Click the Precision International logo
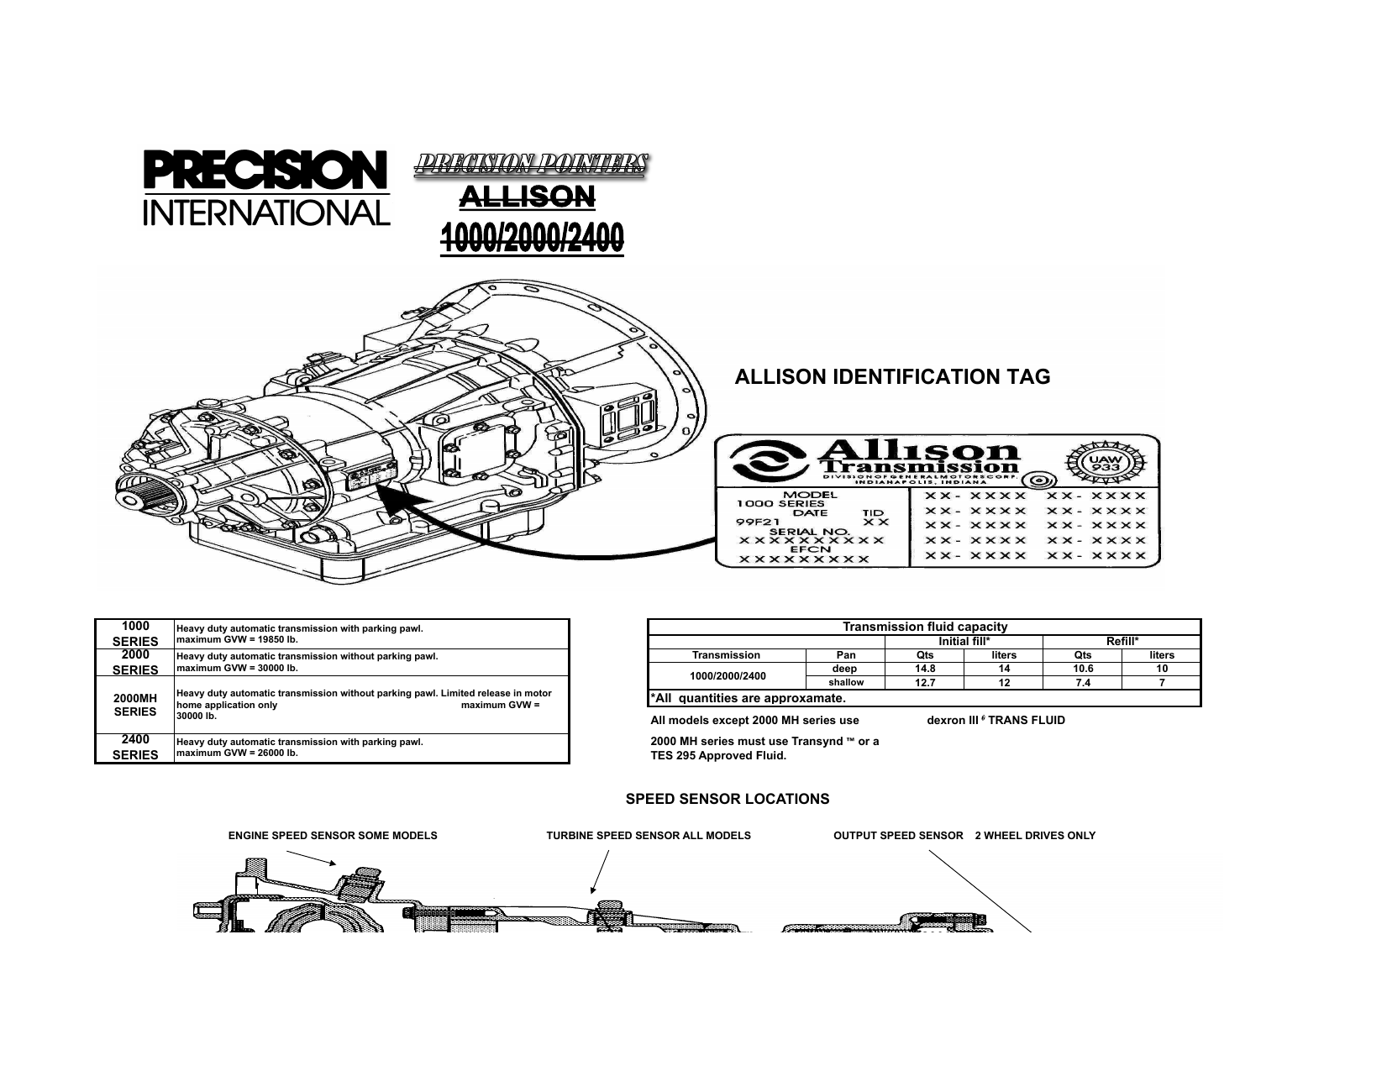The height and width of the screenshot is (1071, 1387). (266, 188)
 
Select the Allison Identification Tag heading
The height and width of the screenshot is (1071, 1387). (892, 376)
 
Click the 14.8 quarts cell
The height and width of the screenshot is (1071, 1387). (924, 669)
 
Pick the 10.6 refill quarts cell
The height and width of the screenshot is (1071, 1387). (1082, 669)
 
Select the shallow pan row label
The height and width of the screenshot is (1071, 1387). (845, 683)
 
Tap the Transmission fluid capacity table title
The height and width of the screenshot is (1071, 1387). (924, 627)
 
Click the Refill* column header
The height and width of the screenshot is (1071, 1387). (1122, 641)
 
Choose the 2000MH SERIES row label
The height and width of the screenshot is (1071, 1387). (135, 705)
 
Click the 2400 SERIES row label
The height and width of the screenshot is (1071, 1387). (135, 748)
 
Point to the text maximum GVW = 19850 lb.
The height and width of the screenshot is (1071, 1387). (237, 640)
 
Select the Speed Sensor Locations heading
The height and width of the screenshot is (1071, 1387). (728, 799)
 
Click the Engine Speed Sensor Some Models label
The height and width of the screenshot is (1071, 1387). (333, 836)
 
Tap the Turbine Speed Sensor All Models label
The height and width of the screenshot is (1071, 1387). (649, 836)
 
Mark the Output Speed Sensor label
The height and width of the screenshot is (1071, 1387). (898, 836)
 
